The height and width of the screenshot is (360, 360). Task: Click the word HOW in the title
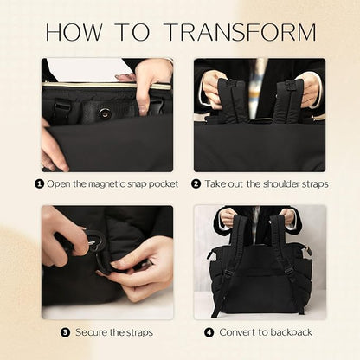pos(74,31)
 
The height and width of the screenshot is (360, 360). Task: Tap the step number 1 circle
pos(39,183)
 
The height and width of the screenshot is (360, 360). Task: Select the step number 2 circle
pos(196,183)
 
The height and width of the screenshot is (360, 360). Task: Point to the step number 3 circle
pos(65,332)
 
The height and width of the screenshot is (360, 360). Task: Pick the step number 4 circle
pos(209,332)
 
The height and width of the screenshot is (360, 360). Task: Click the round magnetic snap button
pos(104,113)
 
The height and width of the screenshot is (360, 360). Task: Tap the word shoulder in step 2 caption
pos(277,183)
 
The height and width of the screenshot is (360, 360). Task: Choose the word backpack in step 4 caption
pos(291,332)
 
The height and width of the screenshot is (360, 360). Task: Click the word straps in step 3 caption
pos(138,332)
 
